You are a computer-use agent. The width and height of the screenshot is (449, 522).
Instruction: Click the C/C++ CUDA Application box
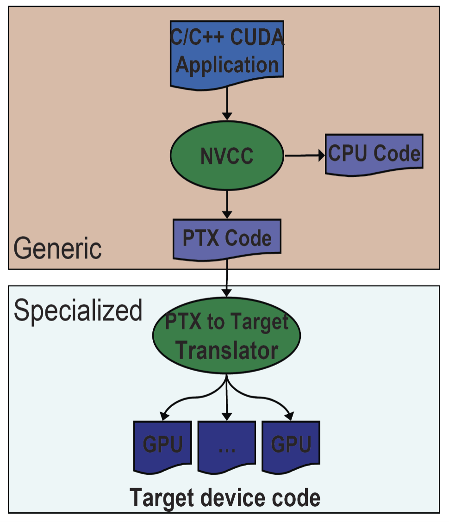click(227, 53)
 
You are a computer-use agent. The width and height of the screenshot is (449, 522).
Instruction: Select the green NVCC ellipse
click(227, 156)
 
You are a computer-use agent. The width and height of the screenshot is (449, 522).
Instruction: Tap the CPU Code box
click(374, 154)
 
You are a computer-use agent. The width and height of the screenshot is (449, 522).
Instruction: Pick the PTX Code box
click(227, 238)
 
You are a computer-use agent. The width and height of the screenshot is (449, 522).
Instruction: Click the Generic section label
click(57, 249)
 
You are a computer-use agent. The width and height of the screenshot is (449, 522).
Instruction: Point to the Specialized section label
click(78, 310)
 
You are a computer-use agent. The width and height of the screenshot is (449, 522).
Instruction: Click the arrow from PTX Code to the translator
click(227, 278)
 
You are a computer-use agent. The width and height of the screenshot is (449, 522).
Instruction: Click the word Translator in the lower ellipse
click(227, 350)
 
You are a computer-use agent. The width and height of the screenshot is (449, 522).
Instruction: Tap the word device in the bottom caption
click(225, 498)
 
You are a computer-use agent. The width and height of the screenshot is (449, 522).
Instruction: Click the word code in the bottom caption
click(295, 498)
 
